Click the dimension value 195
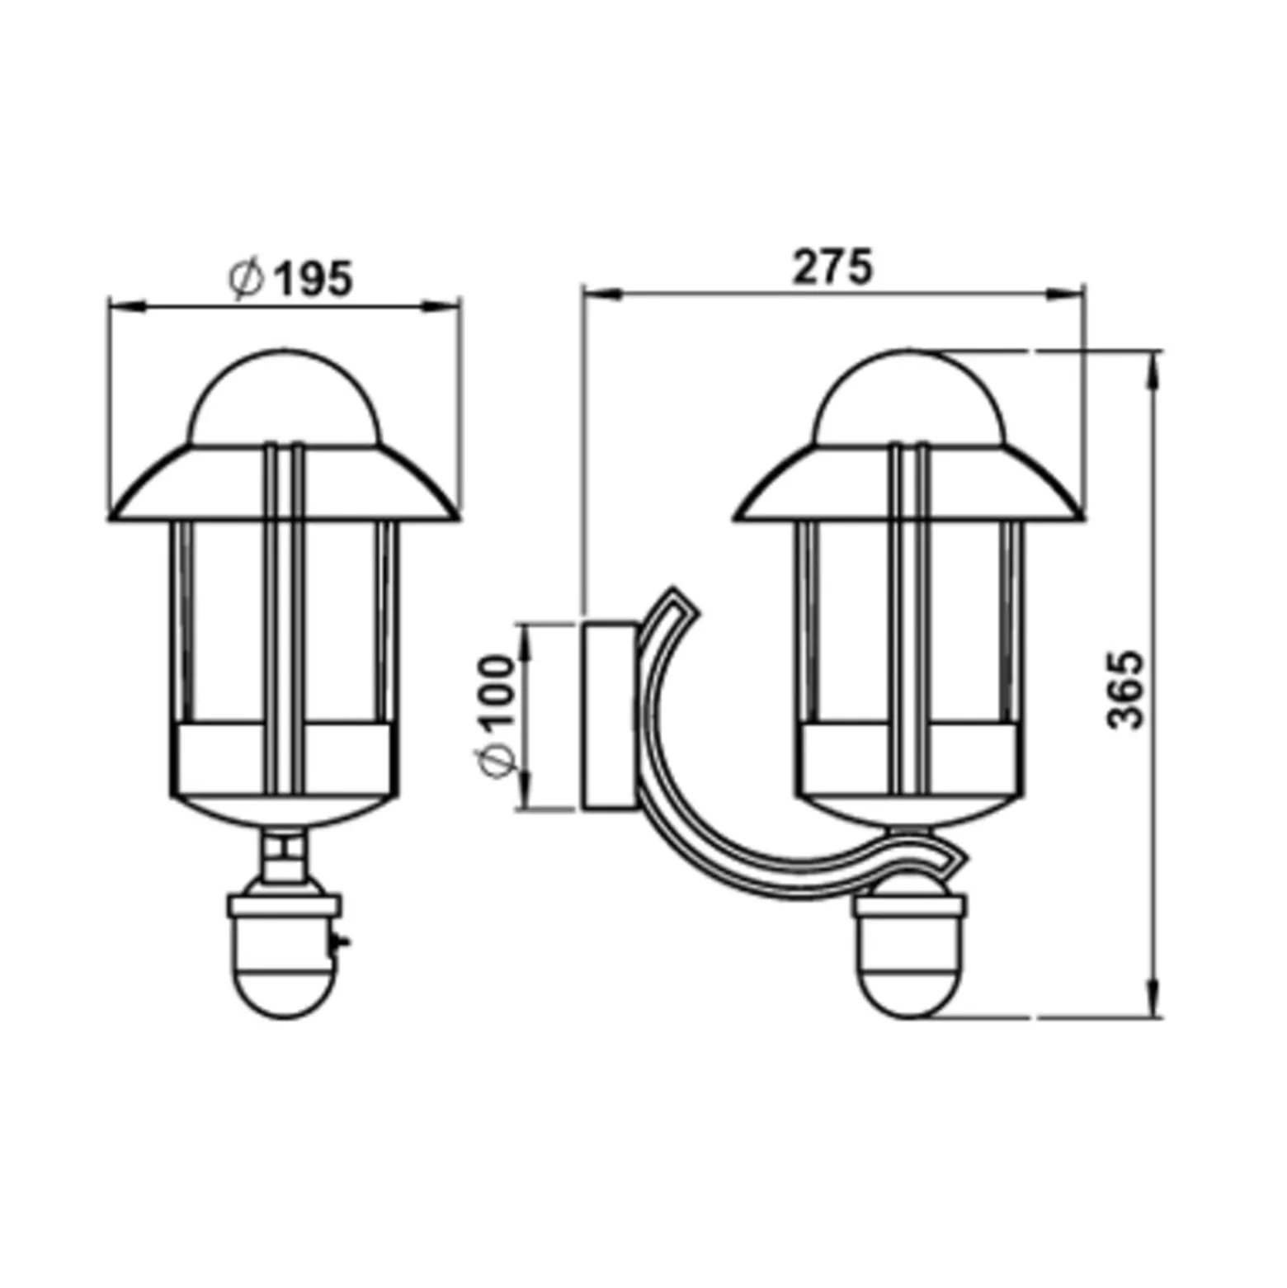tap(313, 279)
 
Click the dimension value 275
tap(832, 267)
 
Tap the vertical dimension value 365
tap(1124, 690)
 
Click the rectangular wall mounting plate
tap(610, 716)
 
